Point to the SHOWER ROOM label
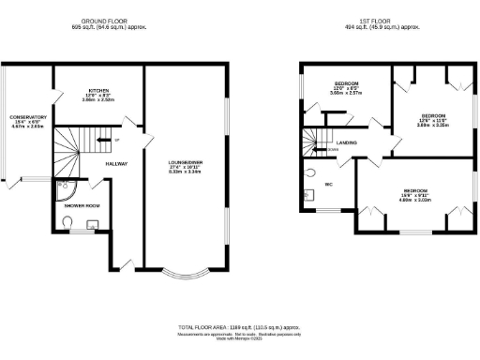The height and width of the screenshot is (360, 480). point(82,205)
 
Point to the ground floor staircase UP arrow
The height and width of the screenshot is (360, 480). point(115,141)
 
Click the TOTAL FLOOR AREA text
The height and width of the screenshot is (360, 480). point(240,328)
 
